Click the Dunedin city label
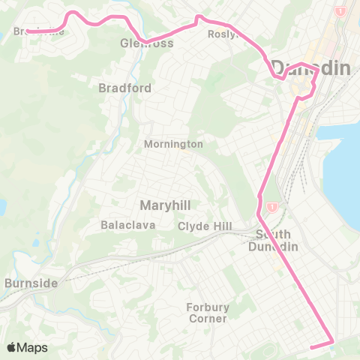(x=310, y=68)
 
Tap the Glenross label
(x=146, y=43)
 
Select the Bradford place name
(x=125, y=88)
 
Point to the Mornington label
(x=174, y=143)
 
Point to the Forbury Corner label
(x=208, y=313)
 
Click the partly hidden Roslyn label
(x=224, y=34)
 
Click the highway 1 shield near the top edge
(x=340, y=11)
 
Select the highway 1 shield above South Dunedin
(x=272, y=206)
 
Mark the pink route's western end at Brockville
(x=28, y=31)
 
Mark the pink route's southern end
(x=310, y=346)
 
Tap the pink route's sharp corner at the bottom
(x=331, y=343)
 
